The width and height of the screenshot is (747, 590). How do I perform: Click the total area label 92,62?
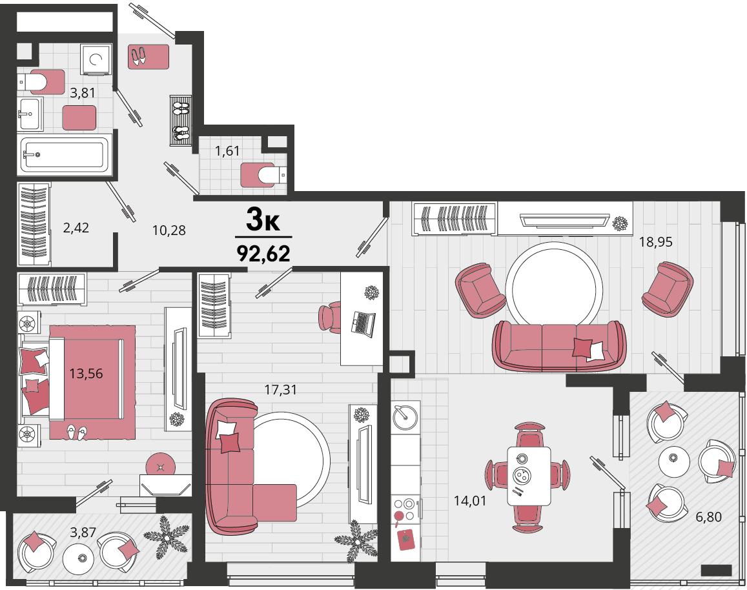[x=263, y=254]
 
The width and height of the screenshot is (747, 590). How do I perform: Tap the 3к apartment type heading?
[x=263, y=220]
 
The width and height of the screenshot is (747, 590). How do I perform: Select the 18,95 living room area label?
[x=655, y=242]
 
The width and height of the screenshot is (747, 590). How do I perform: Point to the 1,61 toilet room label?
[x=227, y=151]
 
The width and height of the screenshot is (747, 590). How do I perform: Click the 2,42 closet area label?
[x=76, y=228]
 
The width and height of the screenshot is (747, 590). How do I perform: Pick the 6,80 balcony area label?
[x=708, y=516]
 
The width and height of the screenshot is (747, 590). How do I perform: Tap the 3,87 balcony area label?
[x=83, y=532]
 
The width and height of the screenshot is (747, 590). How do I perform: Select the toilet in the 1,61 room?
[x=263, y=175]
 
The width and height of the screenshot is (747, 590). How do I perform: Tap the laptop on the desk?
[x=363, y=324]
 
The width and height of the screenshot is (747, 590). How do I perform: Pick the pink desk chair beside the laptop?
[x=329, y=317]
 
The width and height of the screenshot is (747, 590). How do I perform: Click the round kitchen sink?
[x=405, y=416]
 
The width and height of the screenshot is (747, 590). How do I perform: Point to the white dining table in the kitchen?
[x=529, y=476]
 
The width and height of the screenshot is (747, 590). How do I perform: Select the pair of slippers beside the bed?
[x=76, y=431]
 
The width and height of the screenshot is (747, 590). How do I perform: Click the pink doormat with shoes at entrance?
[x=148, y=57]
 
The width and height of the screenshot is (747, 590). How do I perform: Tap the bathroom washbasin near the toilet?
[x=30, y=114]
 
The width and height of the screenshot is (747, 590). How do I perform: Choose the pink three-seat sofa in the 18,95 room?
[x=559, y=346]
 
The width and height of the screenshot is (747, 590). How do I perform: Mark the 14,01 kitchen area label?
[x=470, y=501]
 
